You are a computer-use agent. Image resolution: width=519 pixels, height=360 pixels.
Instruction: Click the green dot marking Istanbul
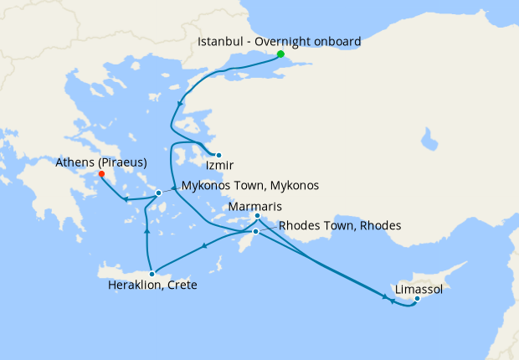tap(281, 55)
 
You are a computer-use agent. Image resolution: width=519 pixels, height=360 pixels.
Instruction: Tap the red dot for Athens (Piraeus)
tap(101, 174)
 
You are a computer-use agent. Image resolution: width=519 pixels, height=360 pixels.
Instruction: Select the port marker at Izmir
tap(218, 155)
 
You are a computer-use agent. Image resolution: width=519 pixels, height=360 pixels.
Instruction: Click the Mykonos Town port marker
tap(158, 193)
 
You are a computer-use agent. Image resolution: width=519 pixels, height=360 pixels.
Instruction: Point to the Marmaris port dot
tap(257, 217)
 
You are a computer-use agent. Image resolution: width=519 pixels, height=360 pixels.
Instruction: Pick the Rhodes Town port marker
tap(256, 231)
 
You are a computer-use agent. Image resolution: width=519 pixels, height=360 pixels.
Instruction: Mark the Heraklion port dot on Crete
tap(152, 273)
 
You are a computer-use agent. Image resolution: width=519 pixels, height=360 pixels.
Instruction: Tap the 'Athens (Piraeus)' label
tap(101, 162)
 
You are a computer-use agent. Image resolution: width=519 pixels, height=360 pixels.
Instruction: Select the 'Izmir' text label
tap(218, 167)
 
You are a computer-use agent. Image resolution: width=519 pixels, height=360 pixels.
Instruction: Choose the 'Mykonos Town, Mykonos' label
tap(250, 185)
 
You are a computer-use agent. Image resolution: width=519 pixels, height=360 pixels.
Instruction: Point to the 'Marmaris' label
tap(258, 206)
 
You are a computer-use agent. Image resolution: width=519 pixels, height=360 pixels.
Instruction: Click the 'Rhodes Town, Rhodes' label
tap(340, 225)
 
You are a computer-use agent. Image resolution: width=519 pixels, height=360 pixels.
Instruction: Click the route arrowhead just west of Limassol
tap(390, 299)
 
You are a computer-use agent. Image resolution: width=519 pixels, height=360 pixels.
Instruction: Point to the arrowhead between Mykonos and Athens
tap(126, 199)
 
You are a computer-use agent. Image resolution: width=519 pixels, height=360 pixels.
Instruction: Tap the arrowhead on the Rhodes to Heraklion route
tap(205, 246)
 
